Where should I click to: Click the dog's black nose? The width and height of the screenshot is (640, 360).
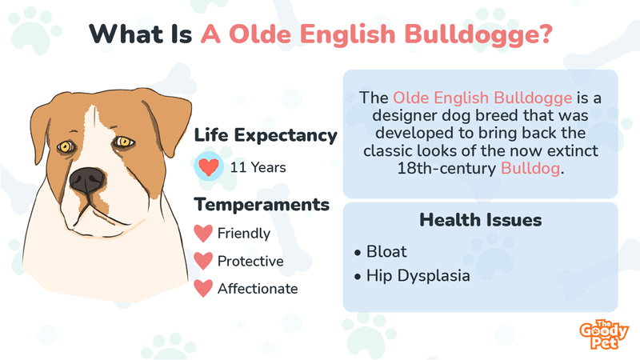86,181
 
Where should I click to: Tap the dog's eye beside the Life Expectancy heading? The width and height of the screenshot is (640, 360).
124,142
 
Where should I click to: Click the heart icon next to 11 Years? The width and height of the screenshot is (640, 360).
209,166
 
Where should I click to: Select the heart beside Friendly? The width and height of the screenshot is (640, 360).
203,234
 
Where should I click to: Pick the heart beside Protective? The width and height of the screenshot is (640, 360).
203,262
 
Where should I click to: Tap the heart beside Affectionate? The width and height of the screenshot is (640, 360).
203,289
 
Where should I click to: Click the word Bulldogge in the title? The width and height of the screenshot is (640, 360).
478,34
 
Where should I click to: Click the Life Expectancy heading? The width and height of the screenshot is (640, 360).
266,135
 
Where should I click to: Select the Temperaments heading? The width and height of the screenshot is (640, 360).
262,205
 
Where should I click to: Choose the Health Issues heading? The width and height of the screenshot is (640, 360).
481,220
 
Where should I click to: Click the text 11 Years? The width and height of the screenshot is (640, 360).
258,167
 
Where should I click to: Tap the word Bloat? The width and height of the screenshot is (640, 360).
386,251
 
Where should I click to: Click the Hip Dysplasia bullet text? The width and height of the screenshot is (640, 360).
418,275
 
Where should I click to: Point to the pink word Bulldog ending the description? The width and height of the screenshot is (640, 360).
530,168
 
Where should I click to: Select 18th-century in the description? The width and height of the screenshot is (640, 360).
446,168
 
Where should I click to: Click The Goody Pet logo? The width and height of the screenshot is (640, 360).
604,334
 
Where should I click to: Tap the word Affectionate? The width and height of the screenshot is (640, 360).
258,289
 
